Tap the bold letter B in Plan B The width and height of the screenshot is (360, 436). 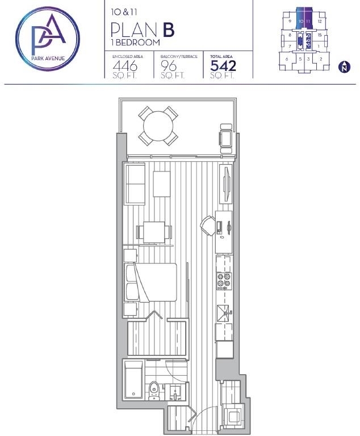(169, 30)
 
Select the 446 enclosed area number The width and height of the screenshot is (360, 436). (125, 66)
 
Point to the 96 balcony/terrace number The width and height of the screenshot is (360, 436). (169, 66)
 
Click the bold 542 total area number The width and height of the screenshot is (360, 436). (223, 66)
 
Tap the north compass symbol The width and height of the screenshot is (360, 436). (345, 67)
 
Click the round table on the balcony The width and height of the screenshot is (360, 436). (158, 126)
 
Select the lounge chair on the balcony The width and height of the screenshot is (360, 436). (226, 139)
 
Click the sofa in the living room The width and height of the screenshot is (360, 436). (135, 184)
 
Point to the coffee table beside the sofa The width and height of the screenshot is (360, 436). (162, 184)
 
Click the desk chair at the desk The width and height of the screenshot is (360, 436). (208, 226)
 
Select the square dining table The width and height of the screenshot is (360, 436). (154, 232)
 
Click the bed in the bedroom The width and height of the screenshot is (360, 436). (151, 283)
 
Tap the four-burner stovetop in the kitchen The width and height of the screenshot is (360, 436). (224, 280)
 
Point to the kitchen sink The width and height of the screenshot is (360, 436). (223, 313)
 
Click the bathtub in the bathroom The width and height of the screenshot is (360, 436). (133, 379)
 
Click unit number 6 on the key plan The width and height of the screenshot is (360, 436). (287, 59)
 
